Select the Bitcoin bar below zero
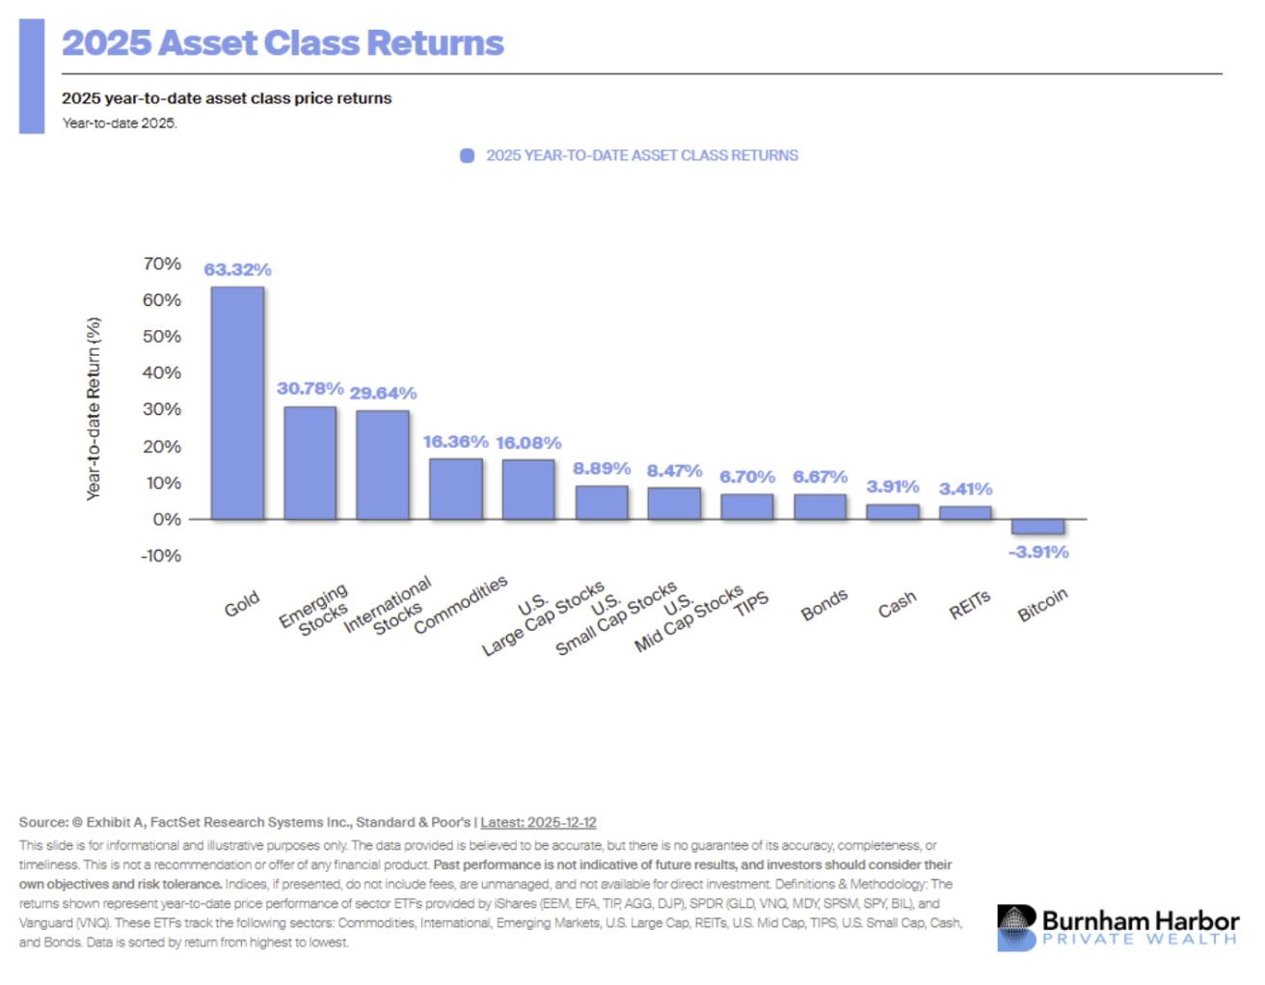pyautogui.click(x=1038, y=527)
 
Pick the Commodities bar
pyautogui.click(x=456, y=489)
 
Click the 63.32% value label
pyautogui.click(x=237, y=270)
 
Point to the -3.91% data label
pyautogui.click(x=1038, y=553)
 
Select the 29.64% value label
pyautogui.click(x=383, y=394)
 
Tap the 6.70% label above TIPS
pyautogui.click(x=747, y=478)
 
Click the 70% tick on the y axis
pyautogui.click(x=162, y=264)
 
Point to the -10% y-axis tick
pyautogui.click(x=161, y=557)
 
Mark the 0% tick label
pyautogui.click(x=167, y=520)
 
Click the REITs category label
pyautogui.click(x=970, y=605)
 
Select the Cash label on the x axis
pyautogui.click(x=897, y=605)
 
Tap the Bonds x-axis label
pyautogui.click(x=824, y=605)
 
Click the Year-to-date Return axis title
pyautogui.click(x=94, y=409)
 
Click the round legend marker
pyautogui.click(x=468, y=156)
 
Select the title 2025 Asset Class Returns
pyautogui.click(x=283, y=43)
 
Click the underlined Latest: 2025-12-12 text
pyautogui.click(x=538, y=823)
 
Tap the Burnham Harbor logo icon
pyautogui.click(x=1016, y=927)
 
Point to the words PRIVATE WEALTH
pyautogui.click(x=1140, y=940)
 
